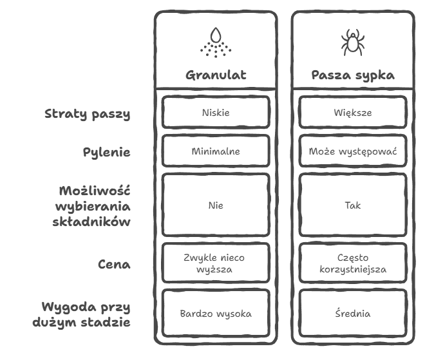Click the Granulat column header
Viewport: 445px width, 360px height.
[x=216, y=75]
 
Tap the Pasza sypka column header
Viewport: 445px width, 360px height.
[x=352, y=75]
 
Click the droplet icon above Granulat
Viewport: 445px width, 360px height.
[x=216, y=42]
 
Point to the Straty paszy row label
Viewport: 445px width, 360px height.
[x=88, y=114]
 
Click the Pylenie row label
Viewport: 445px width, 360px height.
[x=107, y=152]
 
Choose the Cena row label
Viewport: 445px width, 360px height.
[x=115, y=264]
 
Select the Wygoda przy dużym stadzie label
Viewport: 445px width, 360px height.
[x=86, y=314]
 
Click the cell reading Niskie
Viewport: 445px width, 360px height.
[x=216, y=113]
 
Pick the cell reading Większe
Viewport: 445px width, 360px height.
[x=352, y=113]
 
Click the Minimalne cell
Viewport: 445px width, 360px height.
[x=216, y=152]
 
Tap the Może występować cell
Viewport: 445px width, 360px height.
[x=352, y=152]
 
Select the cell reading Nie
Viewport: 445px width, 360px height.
[x=216, y=206]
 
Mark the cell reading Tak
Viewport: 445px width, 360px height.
[x=352, y=206]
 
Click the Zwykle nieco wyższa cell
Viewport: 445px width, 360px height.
[x=216, y=263]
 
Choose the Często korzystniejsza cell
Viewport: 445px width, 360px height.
[x=352, y=263]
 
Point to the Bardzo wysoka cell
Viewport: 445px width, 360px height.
[x=216, y=314]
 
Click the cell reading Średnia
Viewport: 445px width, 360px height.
[x=352, y=314]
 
